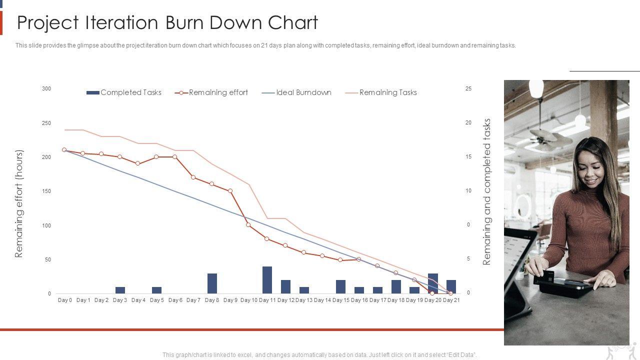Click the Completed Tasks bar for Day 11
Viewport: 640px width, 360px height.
click(x=267, y=280)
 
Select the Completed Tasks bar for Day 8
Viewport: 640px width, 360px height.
click(x=212, y=283)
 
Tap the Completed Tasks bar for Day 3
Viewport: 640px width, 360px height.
click(x=120, y=290)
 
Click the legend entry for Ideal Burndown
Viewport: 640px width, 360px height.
click(x=303, y=92)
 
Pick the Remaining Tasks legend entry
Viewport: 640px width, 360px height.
click(x=388, y=92)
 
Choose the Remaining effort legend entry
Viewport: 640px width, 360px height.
click(x=218, y=92)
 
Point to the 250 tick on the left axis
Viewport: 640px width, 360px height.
click(x=46, y=123)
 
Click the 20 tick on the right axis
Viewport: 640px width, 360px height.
click(x=468, y=122)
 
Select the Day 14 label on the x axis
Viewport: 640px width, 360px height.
click(x=322, y=300)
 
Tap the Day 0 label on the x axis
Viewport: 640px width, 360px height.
click(x=65, y=300)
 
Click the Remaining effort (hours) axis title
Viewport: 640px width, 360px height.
click(x=19, y=203)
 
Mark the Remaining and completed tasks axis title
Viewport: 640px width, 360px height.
click(x=487, y=191)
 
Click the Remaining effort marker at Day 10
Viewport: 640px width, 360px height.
click(x=248, y=225)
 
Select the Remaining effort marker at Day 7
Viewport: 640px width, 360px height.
click(x=193, y=177)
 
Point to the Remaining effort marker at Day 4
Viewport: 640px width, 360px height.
click(x=138, y=163)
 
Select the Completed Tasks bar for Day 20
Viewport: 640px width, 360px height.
click(x=433, y=283)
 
